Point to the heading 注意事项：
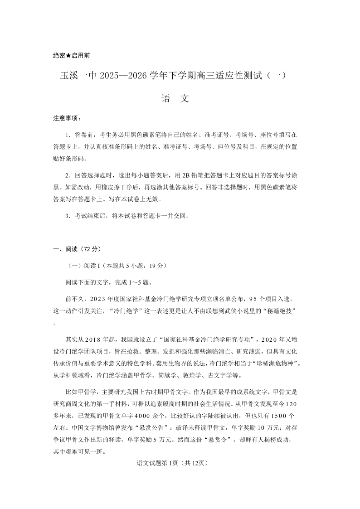tap(67, 119)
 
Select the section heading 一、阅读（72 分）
tap(77, 249)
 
